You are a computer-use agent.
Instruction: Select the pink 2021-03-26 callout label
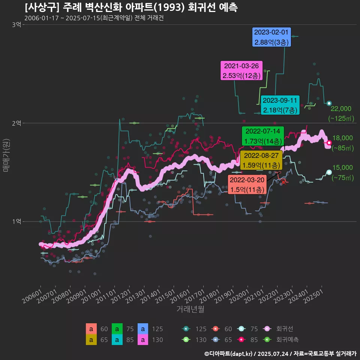(242, 70)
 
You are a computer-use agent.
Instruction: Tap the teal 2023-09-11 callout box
(280, 105)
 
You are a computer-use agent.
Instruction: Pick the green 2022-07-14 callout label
(262, 136)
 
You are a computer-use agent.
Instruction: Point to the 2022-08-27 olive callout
(261, 160)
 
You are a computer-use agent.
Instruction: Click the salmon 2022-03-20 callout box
(247, 185)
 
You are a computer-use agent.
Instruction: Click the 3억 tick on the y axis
(17, 25)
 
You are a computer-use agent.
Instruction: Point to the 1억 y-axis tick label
(17, 222)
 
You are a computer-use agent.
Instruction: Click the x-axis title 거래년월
(190, 309)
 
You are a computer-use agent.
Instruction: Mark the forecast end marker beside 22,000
(329, 103)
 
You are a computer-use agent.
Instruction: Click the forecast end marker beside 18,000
(329, 142)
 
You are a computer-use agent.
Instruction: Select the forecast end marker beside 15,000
(329, 172)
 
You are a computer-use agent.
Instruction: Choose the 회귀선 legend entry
(277, 329)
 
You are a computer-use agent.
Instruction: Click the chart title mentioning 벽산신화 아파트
(131, 7)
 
